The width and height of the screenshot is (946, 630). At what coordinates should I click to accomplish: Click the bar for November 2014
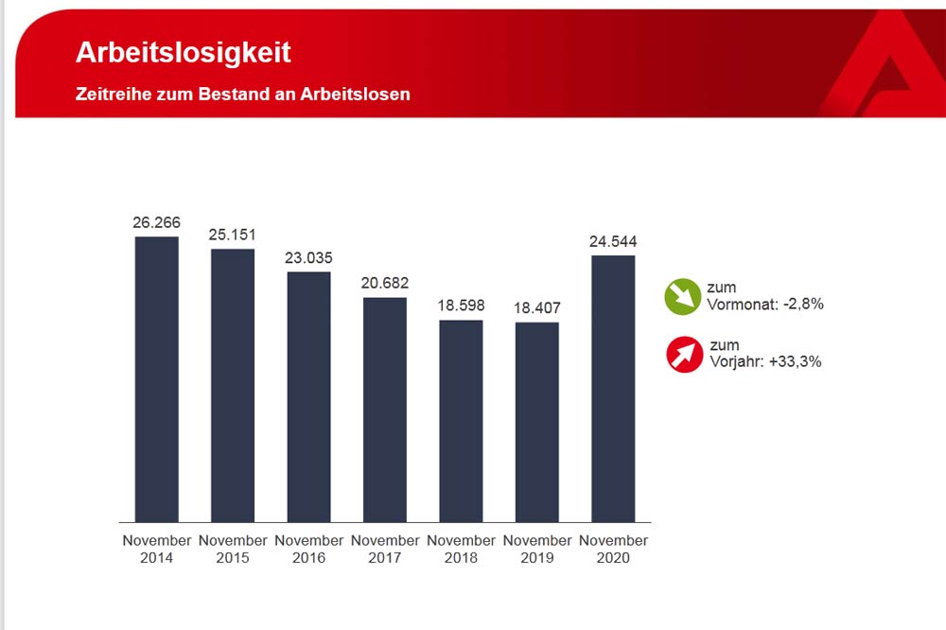[157, 378]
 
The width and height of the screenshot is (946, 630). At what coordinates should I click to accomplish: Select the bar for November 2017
[385, 409]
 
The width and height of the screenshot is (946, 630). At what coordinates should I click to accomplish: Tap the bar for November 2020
[613, 388]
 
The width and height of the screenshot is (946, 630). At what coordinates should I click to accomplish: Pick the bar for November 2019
[537, 421]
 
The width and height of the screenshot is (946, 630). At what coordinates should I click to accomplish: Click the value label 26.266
[157, 222]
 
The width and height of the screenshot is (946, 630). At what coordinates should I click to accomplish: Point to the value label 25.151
[233, 235]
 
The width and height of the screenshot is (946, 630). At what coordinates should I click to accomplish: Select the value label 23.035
[309, 257]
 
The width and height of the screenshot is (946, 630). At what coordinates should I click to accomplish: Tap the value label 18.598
[461, 306]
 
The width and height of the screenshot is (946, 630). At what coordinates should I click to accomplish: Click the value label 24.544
[613, 241]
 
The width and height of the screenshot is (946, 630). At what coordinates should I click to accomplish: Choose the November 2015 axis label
[233, 549]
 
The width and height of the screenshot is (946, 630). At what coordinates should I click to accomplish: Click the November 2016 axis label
[309, 549]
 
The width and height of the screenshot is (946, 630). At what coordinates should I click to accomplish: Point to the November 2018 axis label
[461, 549]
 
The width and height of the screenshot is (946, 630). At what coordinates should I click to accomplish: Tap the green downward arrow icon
[682, 296]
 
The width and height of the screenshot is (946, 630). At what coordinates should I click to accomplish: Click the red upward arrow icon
[684, 354]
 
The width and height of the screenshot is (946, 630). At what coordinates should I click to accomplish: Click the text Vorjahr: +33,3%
[765, 361]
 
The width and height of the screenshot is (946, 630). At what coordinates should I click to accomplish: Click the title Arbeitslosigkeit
[184, 53]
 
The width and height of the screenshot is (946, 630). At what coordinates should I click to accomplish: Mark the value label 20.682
[385, 283]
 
